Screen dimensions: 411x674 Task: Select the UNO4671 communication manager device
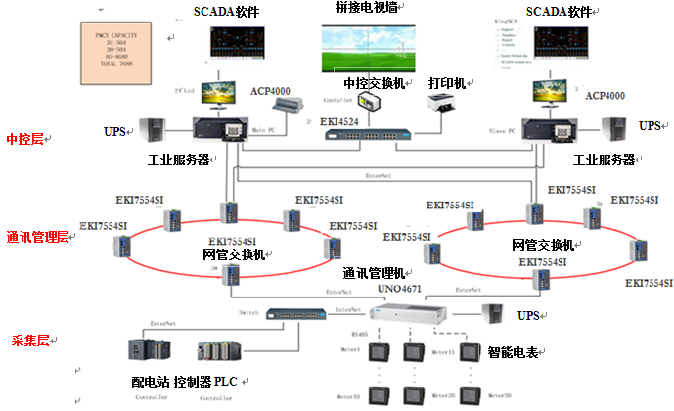coord(401,316)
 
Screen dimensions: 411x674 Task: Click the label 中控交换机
coord(376,83)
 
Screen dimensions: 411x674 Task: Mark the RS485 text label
coord(357,335)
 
